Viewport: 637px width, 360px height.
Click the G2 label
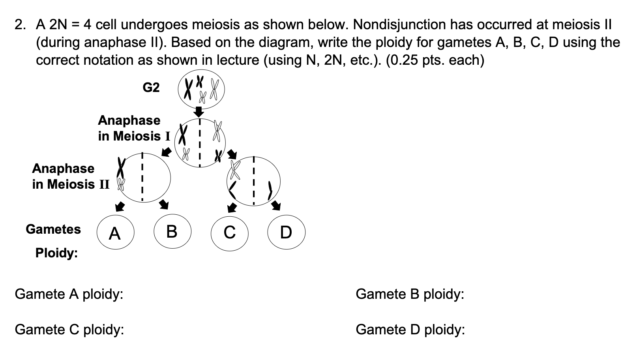(151, 87)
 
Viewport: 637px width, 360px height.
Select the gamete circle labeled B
(172, 231)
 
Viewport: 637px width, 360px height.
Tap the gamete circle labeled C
(230, 232)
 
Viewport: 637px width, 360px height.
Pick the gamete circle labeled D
(286, 232)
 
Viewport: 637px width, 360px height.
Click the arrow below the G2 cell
(200, 111)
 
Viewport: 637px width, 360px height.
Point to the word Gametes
(53, 229)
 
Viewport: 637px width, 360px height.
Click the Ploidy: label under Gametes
(56, 253)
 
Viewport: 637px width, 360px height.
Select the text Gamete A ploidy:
(69, 294)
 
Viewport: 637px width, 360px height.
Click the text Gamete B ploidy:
(410, 294)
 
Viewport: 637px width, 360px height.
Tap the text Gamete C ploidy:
(69, 329)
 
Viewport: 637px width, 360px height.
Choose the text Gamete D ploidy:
(410, 329)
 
